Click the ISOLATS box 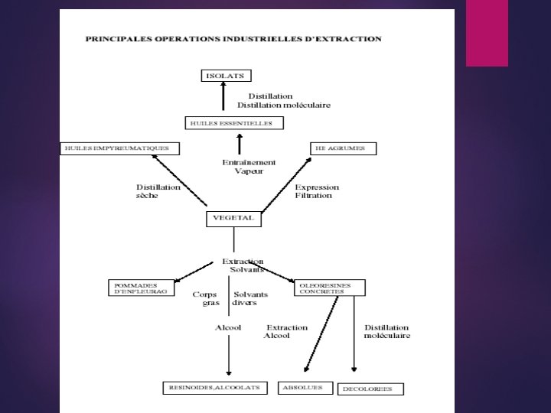pyautogui.click(x=226, y=76)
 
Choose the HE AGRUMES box pyautogui.click(x=343, y=148)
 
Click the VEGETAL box pyautogui.click(x=234, y=219)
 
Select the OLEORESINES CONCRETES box pyautogui.click(x=329, y=288)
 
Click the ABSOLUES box pyautogui.click(x=305, y=388)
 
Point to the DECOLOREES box pyautogui.click(x=370, y=389)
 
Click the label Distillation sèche pyautogui.click(x=158, y=191)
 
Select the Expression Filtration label pyautogui.click(x=317, y=191)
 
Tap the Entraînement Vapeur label pyautogui.click(x=249, y=167)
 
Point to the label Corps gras pyautogui.click(x=204, y=298)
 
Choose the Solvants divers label pyautogui.click(x=250, y=298)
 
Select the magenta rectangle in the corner pyautogui.click(x=487, y=33)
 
